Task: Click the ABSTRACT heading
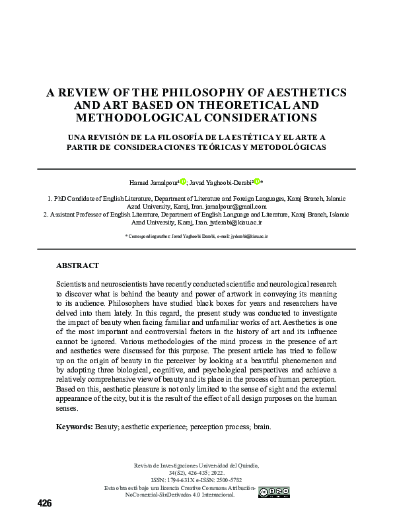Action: pyautogui.click(x=77, y=265)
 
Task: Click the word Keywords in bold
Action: pyautogui.click(x=74, y=427)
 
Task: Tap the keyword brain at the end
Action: pyautogui.click(x=261, y=427)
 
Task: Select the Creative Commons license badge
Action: pyautogui.click(x=273, y=491)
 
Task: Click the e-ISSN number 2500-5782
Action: pyautogui.click(x=228, y=480)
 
